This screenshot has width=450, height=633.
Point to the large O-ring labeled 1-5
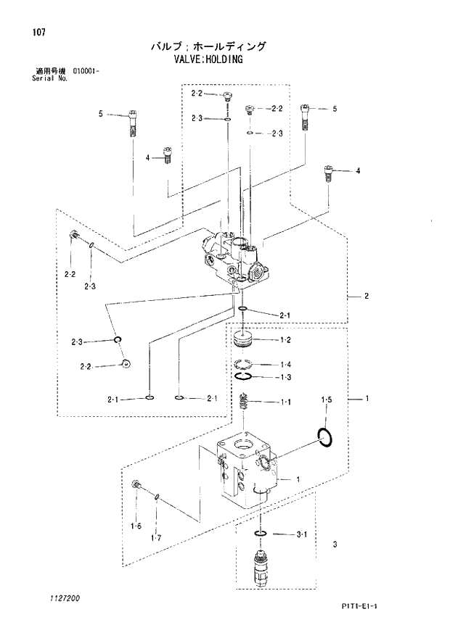[x=325, y=437]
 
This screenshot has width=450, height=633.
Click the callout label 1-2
[x=285, y=340]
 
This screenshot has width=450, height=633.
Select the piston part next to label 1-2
[x=247, y=340]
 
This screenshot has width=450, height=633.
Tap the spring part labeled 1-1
[x=246, y=401]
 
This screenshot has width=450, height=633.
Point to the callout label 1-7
[x=155, y=537]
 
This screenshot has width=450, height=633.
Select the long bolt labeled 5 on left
[x=134, y=123]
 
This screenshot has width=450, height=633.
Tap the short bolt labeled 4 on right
[x=329, y=174]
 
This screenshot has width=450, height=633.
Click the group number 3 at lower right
[x=335, y=544]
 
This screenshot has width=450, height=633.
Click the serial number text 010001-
[x=86, y=71]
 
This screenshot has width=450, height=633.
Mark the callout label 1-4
[x=285, y=364]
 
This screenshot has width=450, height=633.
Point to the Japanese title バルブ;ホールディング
[x=208, y=46]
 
